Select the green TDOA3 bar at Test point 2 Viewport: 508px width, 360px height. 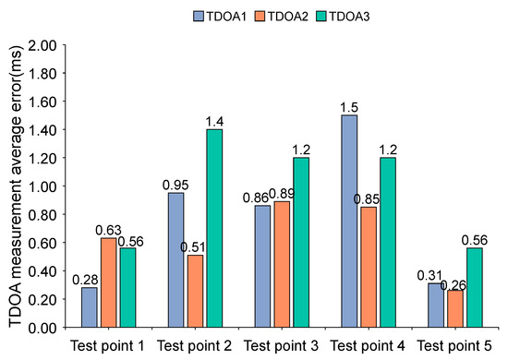pos(214,228)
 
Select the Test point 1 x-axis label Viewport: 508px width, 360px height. pos(110,346)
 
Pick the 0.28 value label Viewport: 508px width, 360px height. pos(90,280)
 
